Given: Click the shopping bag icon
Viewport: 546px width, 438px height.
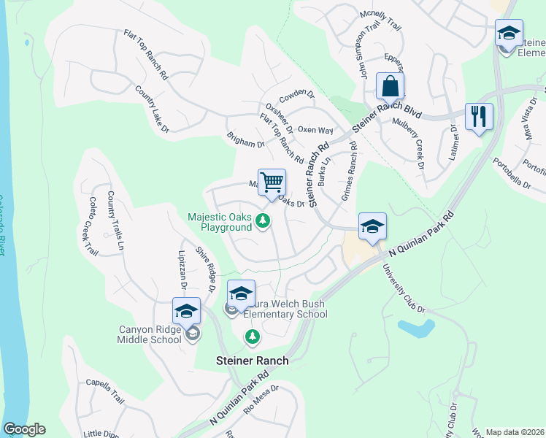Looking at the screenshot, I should click(x=391, y=87).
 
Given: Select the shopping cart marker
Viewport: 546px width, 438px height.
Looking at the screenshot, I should click(x=272, y=182).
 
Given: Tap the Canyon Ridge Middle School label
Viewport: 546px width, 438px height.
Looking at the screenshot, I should click(x=150, y=334).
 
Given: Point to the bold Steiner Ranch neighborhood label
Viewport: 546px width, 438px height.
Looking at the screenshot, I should click(x=253, y=361).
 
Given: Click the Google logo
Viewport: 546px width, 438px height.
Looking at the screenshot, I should click(x=24, y=429).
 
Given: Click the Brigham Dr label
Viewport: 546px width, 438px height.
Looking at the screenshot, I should click(x=245, y=139).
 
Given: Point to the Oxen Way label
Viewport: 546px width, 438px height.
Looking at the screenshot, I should click(x=315, y=130).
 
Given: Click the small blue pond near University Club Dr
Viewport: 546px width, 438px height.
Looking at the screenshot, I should click(x=414, y=328).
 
